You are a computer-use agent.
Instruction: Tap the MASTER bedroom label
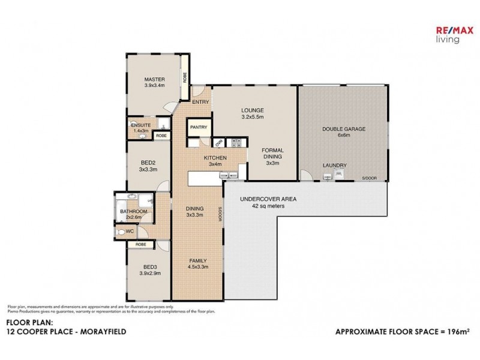pos(154,82)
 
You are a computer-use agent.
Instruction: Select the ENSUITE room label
pos(140,127)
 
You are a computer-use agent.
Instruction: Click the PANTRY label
pos(198,127)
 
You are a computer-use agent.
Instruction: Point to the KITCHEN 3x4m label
pos(215,160)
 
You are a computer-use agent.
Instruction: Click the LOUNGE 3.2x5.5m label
pos(253,113)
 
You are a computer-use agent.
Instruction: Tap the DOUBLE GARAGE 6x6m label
pos(343,132)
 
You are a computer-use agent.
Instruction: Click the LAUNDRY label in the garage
pos(334,165)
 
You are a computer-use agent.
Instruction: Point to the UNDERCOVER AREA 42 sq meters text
pos(268,202)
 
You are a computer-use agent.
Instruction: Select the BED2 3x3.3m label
pos(148,166)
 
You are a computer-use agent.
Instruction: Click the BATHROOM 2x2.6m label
pos(133,214)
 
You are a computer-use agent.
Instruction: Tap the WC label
pos(138,231)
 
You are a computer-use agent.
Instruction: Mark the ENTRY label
pos(200,102)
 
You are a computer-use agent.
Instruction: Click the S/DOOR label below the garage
pos(370,178)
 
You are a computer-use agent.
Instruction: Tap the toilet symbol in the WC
pos(124,231)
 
